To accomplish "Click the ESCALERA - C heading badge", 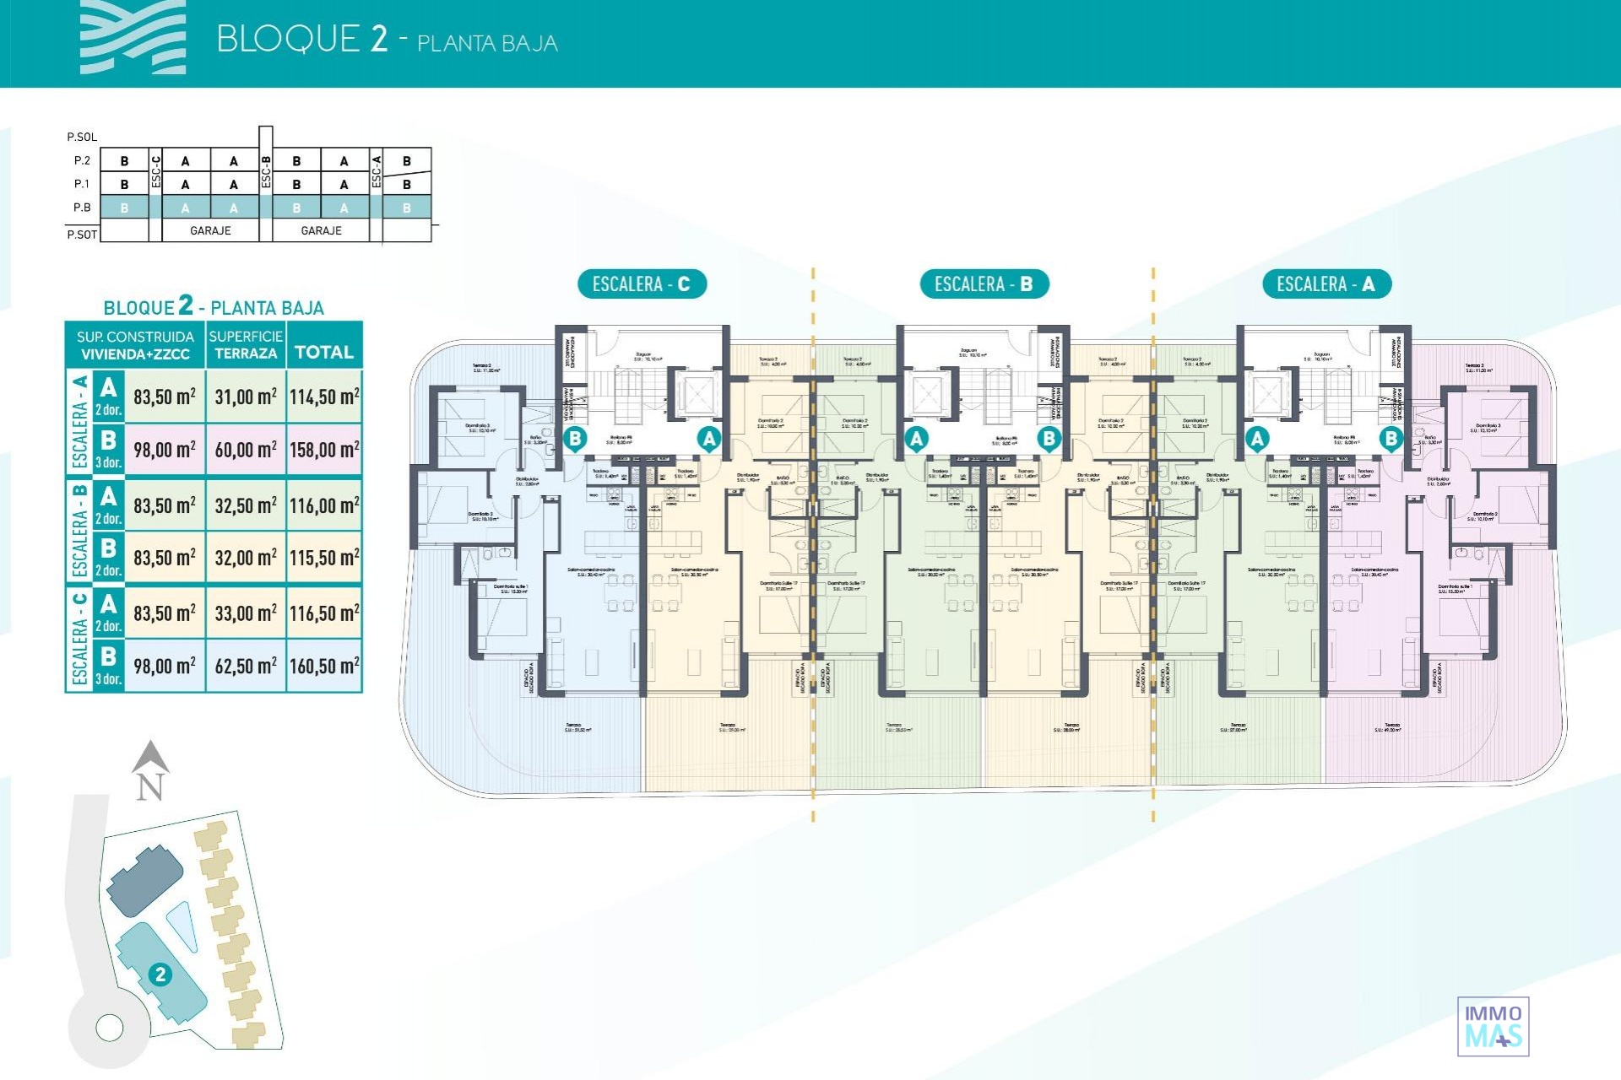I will pos(641,284).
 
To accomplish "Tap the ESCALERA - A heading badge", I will pos(1326,284).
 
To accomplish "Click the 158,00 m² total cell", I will pos(324,450).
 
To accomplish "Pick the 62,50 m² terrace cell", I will pos(245,667).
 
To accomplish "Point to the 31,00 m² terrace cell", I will pos(245,397).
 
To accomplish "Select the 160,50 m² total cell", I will pos(324,667).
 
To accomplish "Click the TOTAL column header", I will pos(324,352).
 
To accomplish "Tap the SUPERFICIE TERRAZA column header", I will pos(246,345).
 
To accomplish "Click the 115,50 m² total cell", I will pos(324,559).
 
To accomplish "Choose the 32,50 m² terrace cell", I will pos(245,505).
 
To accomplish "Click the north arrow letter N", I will pos(149,787).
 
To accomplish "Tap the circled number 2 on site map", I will pos(160,975).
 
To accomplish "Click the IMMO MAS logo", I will pos(1493,1026).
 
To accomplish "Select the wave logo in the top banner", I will pos(133,38).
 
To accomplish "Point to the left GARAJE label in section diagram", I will pos(210,230).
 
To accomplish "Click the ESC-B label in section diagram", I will pos(266,171).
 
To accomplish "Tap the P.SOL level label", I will pos(82,137).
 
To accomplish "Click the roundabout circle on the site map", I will pos(110,1028).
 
